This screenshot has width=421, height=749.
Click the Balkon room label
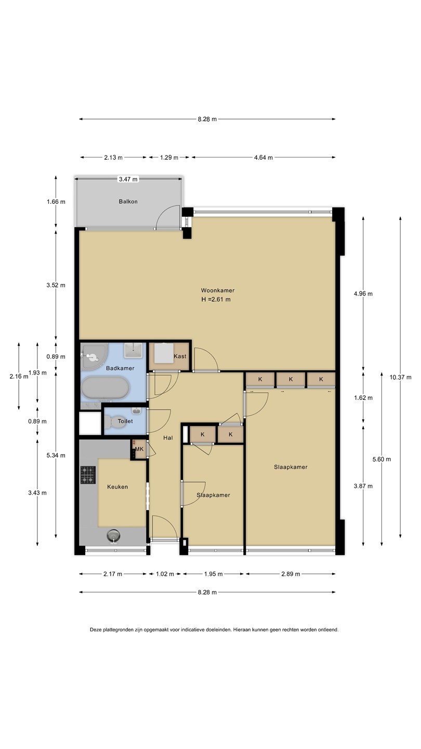click(x=128, y=202)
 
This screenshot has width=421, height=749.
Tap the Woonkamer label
click(x=217, y=291)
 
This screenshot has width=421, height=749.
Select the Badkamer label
click(x=120, y=368)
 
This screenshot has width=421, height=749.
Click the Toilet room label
click(x=125, y=421)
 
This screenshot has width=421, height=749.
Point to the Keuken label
click(x=117, y=487)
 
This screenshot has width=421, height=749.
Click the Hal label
click(x=168, y=438)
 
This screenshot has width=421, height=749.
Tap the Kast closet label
click(x=180, y=356)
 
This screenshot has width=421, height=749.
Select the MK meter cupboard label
click(x=139, y=449)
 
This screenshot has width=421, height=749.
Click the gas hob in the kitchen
click(x=88, y=475)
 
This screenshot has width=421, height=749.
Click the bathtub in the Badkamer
click(x=105, y=388)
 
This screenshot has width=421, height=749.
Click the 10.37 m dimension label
click(x=400, y=377)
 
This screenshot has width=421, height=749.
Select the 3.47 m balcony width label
click(x=128, y=179)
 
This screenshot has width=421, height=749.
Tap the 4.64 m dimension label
click(x=264, y=158)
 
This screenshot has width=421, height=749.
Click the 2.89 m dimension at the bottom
click(x=291, y=574)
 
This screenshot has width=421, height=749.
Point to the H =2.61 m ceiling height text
click(x=216, y=300)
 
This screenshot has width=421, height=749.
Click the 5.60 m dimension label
click(x=381, y=459)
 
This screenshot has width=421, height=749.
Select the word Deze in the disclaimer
click(x=95, y=629)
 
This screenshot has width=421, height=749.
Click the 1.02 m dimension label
click(x=165, y=574)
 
